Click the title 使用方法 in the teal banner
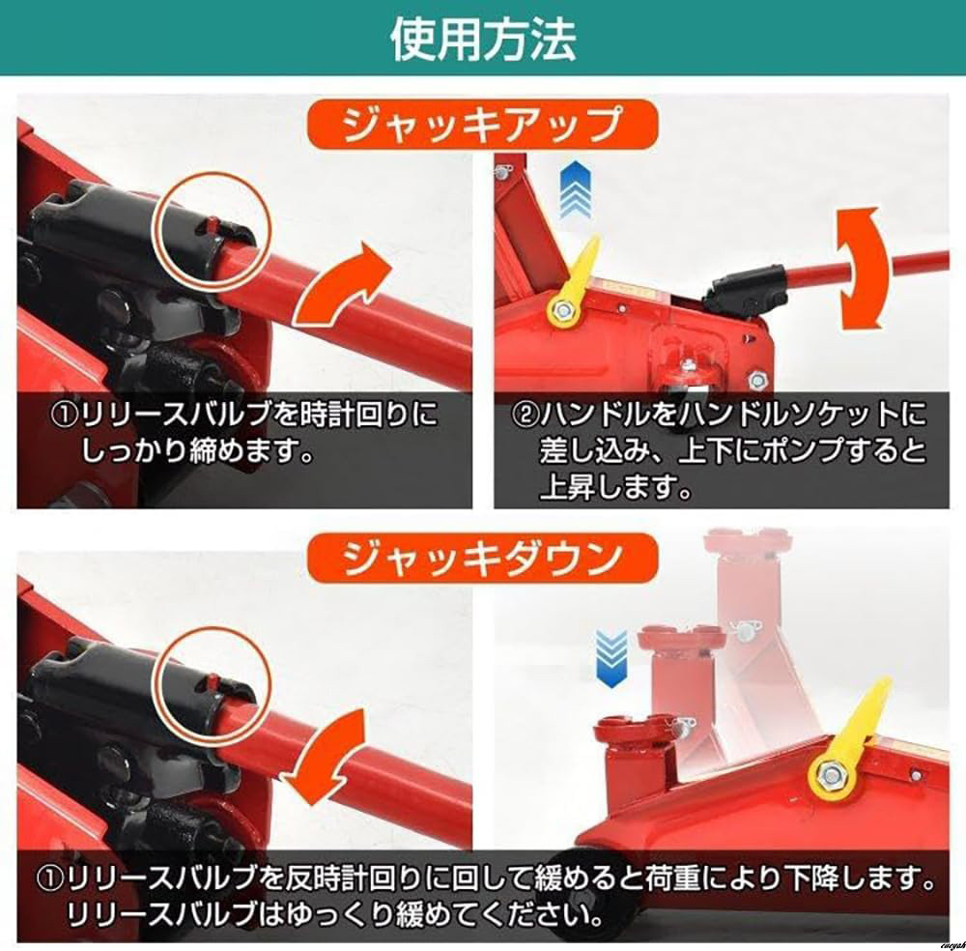point(484,39)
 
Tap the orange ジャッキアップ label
point(482,126)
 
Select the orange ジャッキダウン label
point(482,559)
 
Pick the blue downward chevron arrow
point(611,658)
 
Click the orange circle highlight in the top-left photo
point(215,231)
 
